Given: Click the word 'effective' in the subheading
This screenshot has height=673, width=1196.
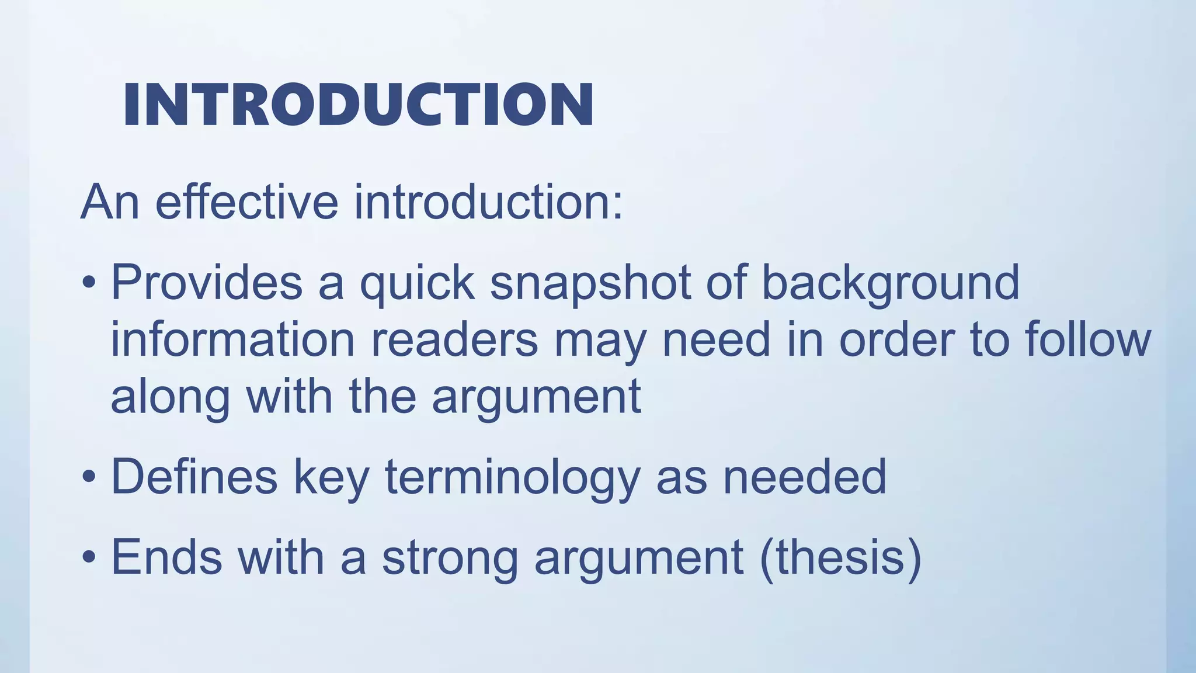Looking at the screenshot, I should pos(246,202).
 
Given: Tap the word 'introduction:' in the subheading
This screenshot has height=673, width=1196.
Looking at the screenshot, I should pos(489,202).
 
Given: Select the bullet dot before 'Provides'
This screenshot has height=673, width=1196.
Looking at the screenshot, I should pos(89,283).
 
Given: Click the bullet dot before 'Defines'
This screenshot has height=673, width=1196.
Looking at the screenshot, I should pos(89,477).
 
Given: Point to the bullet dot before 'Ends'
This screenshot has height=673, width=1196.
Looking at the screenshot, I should pos(89,557).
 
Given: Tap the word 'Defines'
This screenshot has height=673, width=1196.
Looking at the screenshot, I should pos(194,477).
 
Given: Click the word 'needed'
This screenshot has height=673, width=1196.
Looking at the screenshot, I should pos(805,477).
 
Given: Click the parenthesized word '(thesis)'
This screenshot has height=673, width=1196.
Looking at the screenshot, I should pos(841,557).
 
